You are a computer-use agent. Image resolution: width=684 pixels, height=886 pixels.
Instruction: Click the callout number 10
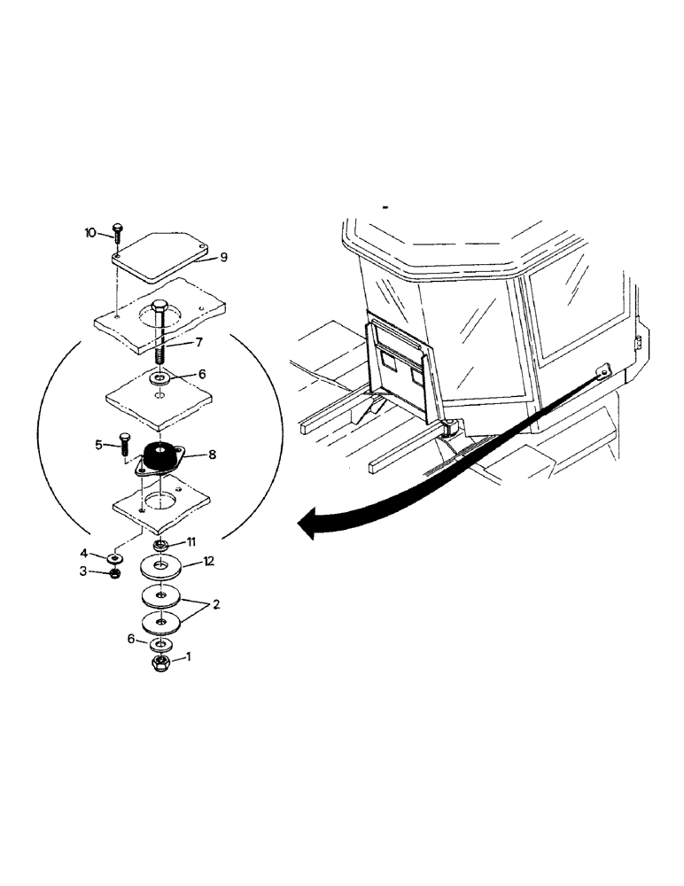pyautogui.click(x=89, y=234)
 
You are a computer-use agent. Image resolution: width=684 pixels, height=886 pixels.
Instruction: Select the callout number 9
pyautogui.click(x=223, y=258)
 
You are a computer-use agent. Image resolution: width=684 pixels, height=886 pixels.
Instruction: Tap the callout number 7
pyautogui.click(x=200, y=342)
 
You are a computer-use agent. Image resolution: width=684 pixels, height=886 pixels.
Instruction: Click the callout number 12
pyautogui.click(x=208, y=561)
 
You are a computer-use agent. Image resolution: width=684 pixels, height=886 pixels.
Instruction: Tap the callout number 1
pyautogui.click(x=185, y=658)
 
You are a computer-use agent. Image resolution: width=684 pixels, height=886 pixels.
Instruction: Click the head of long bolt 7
pyautogui.click(x=159, y=310)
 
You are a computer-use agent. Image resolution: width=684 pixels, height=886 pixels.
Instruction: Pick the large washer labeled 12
pyautogui.click(x=162, y=564)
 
